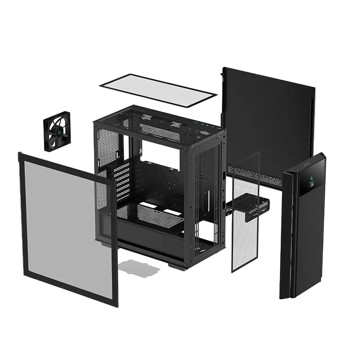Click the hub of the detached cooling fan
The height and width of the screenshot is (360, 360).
click(x=58, y=133)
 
